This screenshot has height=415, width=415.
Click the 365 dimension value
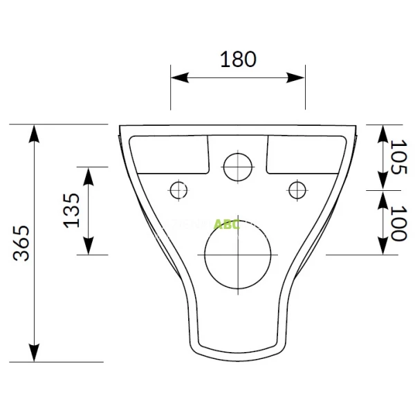click(23, 242)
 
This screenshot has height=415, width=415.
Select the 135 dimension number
click(72, 210)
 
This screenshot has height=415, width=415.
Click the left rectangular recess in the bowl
click(169, 154)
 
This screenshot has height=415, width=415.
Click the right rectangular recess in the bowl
click(304, 154)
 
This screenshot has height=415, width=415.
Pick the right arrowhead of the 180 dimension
click(299, 77)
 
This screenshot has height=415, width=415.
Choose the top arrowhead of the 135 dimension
click(89, 172)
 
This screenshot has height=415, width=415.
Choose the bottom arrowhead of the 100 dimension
click(382, 248)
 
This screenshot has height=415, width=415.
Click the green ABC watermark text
click(226, 223)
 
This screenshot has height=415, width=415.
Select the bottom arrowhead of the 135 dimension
click(89, 249)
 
